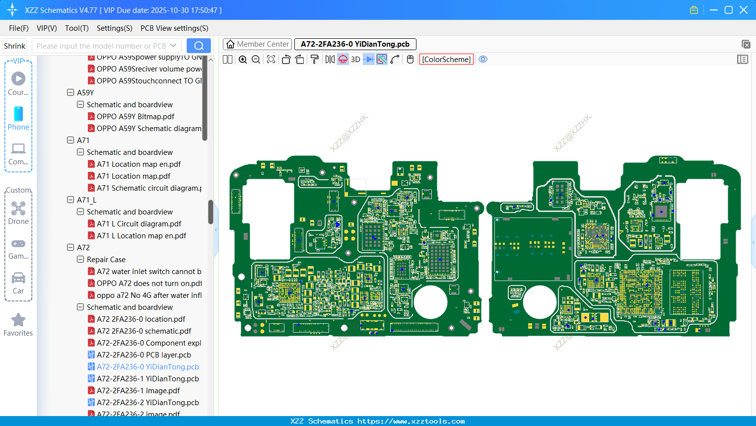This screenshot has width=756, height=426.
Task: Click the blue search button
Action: [x=199, y=46]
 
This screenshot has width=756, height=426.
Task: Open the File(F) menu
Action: [x=19, y=28]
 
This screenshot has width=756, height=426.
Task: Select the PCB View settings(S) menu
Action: [x=174, y=28]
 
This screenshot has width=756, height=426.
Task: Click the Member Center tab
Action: [x=257, y=44]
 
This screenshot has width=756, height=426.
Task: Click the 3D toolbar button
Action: [x=355, y=60]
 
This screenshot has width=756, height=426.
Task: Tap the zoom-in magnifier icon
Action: [x=243, y=60]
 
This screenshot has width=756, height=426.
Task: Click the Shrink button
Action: [x=15, y=46]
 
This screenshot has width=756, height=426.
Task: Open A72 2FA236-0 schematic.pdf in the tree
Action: [x=144, y=331]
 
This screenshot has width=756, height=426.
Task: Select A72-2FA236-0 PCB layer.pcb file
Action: [x=144, y=355]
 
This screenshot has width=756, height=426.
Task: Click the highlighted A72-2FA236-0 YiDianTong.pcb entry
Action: [x=147, y=367]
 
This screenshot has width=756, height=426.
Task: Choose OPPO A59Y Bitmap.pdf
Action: [x=136, y=117]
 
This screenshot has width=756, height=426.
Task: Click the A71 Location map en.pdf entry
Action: [x=138, y=164]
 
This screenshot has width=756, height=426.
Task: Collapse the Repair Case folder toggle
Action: [x=80, y=260]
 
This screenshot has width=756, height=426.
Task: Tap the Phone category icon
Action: [x=18, y=114]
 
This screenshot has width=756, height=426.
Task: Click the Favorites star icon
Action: [x=18, y=320]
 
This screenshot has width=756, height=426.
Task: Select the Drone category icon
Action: [x=18, y=209]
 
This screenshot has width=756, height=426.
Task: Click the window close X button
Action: [x=744, y=10]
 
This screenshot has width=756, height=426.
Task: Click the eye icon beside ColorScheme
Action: [x=483, y=60]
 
